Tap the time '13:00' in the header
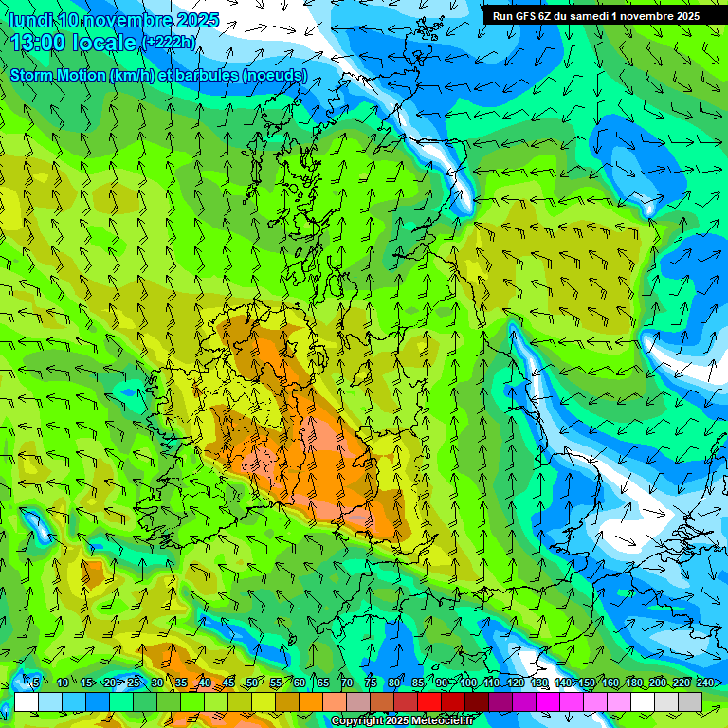click(x=39, y=42)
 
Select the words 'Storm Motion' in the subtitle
click(x=56, y=75)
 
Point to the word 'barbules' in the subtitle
click(x=206, y=75)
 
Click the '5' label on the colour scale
click(x=36, y=682)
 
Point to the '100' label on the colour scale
click(x=468, y=682)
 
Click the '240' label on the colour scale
click(x=705, y=682)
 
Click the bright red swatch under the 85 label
click(x=429, y=701)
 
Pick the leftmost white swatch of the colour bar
click(x=27, y=701)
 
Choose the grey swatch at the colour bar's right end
click(x=690, y=701)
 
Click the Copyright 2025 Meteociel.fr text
click(x=402, y=721)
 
